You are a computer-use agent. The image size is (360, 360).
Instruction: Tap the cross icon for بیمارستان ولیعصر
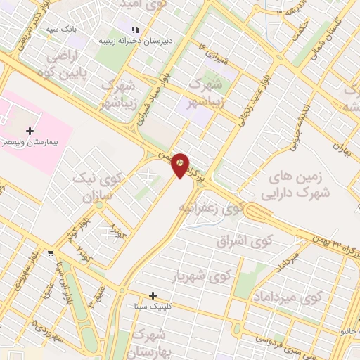pos(30,130)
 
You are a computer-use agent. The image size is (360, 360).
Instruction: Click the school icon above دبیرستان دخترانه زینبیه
pos(134,28)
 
